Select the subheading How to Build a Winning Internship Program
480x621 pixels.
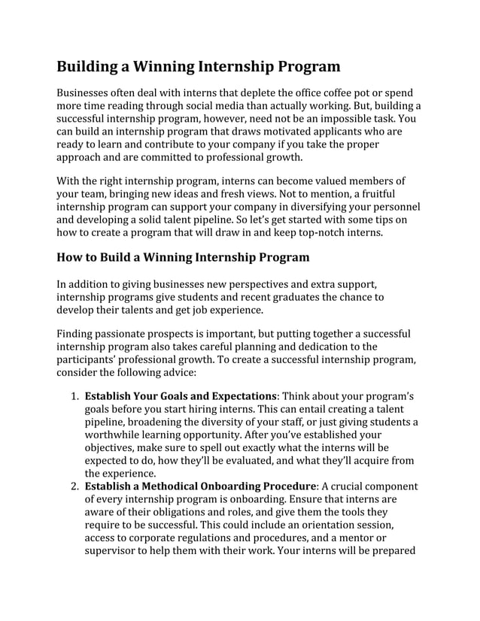[183, 257]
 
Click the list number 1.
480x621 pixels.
[74, 396]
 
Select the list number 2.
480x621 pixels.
[74, 486]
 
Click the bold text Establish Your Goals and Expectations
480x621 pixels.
[181, 396]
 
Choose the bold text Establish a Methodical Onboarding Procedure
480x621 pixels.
[200, 486]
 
